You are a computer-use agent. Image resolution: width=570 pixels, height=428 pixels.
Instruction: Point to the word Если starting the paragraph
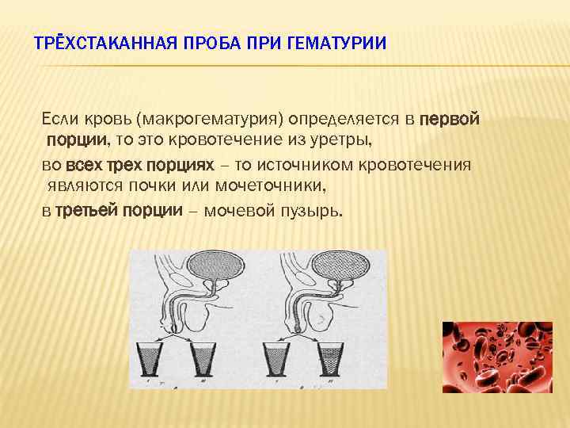(x=59, y=119)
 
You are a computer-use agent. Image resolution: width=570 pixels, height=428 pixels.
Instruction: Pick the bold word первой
(x=449, y=119)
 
